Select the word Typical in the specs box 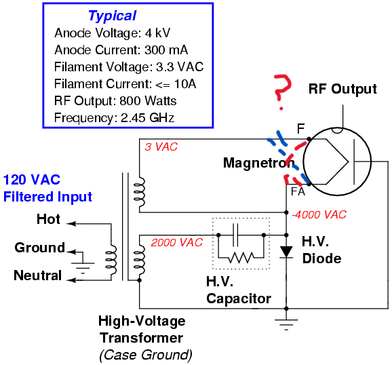coord(112,16)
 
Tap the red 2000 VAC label coord(176,242)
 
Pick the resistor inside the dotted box coord(241,256)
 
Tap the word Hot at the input coord(48,220)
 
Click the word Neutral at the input coord(38,276)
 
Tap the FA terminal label coord(298,192)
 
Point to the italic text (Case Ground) coord(145,354)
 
